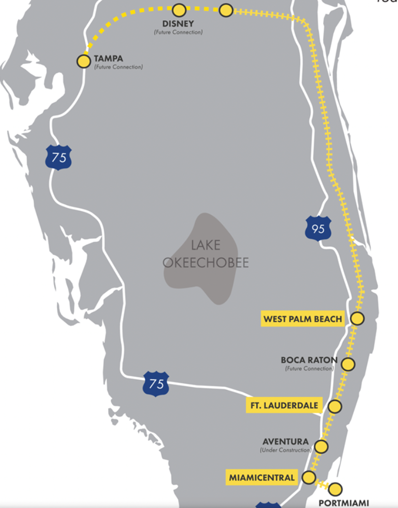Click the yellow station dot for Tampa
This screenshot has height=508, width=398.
click(x=84, y=61)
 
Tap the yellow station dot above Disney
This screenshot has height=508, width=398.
click(x=179, y=10)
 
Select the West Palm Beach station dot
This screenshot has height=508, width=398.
click(x=357, y=318)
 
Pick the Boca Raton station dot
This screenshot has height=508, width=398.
click(x=348, y=364)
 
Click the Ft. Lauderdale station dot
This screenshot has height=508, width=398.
click(x=335, y=406)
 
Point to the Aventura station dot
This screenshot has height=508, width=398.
click(x=321, y=446)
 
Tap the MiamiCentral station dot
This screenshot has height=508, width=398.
click(x=309, y=477)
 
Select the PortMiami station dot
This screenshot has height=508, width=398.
click(x=335, y=489)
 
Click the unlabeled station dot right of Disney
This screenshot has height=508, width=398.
click(x=226, y=10)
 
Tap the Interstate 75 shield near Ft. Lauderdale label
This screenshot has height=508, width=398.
click(x=156, y=384)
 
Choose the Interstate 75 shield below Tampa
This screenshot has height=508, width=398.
click(x=59, y=158)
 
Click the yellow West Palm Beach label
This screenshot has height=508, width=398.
click(x=302, y=319)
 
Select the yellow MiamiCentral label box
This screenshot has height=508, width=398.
click(x=262, y=477)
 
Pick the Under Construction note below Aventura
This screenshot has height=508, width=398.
click(x=285, y=450)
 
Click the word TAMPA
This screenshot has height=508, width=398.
click(x=108, y=59)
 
